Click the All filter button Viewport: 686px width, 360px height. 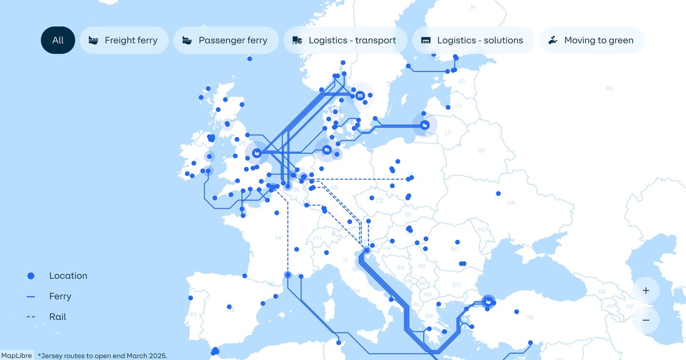58,41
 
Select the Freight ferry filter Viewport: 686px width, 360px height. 124,41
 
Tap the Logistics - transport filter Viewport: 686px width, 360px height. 345,41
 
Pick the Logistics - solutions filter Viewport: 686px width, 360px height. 473,41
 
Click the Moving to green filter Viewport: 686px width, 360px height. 592,41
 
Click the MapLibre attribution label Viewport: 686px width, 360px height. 16,355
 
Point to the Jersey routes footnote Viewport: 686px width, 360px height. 102,355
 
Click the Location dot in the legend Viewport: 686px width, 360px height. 31,276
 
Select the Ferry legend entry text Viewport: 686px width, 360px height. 60,297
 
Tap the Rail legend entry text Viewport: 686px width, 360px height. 58,317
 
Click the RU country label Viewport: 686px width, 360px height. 609,89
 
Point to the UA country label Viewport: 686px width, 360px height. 511,203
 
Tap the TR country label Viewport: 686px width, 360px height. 529,317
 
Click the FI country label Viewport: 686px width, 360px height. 473,8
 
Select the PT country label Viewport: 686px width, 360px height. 193,315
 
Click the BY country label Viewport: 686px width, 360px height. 481,151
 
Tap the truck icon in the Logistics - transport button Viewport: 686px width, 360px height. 297,41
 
